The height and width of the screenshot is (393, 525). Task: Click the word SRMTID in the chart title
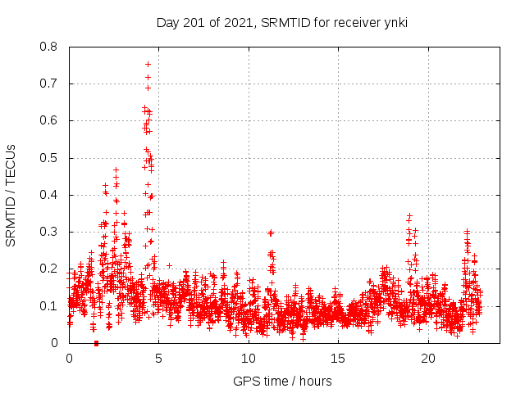point(284,22)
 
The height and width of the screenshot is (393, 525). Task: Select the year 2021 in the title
point(239,22)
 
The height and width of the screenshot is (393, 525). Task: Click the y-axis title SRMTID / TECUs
point(11,195)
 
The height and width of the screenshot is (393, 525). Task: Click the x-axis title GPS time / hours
point(283,381)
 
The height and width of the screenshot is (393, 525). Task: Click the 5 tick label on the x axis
point(158,358)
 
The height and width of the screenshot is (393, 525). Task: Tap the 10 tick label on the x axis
point(248,358)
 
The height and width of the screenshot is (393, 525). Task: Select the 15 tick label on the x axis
point(337,358)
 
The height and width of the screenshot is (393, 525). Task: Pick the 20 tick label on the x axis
point(427,358)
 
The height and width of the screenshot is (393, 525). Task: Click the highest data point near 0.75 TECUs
point(148,64)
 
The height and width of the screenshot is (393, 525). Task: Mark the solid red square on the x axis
point(96,343)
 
